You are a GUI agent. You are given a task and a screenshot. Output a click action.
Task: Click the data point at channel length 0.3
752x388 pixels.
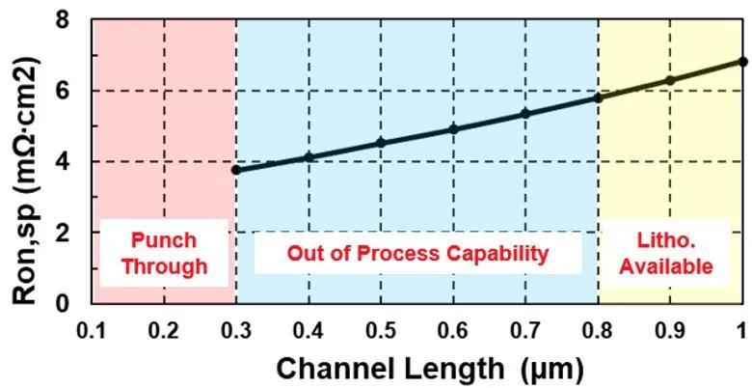pyautogui.click(x=236, y=170)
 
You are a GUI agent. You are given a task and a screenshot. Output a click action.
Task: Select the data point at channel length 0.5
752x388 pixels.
pyautogui.click(x=381, y=143)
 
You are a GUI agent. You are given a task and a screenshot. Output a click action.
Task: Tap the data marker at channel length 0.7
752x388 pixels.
pyautogui.click(x=525, y=114)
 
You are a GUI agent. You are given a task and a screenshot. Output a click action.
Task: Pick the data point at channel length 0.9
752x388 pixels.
pyautogui.click(x=670, y=80)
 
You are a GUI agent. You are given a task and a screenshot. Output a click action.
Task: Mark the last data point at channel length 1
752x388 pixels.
pyautogui.click(x=742, y=61)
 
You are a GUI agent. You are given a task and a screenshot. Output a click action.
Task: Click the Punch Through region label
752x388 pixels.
pyautogui.click(x=164, y=253)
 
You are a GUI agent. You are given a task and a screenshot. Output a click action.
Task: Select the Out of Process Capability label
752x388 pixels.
pyautogui.click(x=417, y=253)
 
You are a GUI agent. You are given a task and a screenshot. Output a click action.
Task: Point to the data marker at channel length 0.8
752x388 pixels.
pyautogui.click(x=598, y=97)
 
